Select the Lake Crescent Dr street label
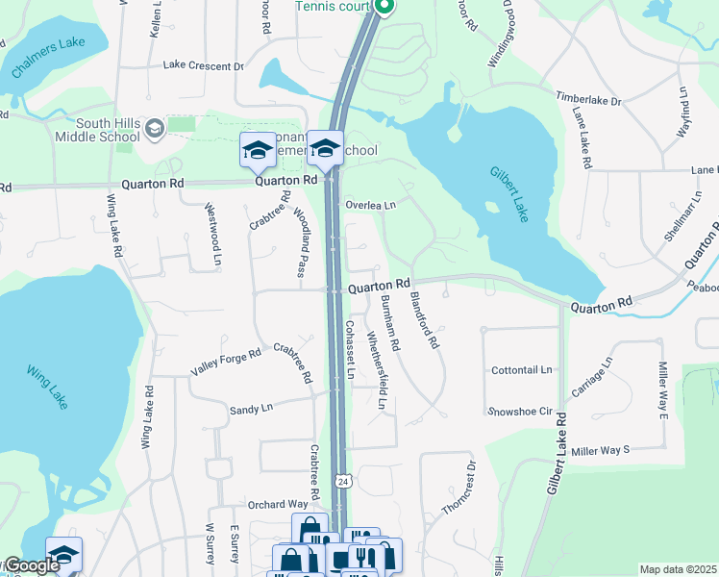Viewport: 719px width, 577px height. [x=203, y=65]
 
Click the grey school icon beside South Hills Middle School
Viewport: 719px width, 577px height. [x=154, y=128]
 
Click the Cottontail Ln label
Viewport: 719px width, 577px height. [x=522, y=369]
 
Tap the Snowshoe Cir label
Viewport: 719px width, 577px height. [x=519, y=411]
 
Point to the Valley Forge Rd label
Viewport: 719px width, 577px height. [x=226, y=354]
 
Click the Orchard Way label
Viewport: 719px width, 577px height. [x=277, y=504]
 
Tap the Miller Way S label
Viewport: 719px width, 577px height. [x=600, y=449]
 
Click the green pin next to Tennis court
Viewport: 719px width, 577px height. [x=384, y=8]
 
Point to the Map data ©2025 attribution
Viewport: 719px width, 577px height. [x=679, y=569]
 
